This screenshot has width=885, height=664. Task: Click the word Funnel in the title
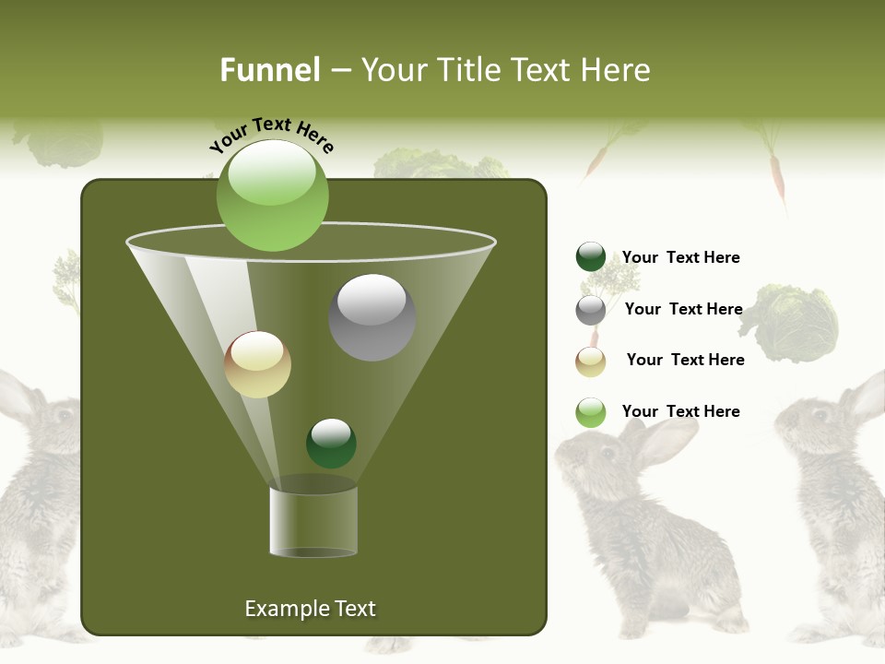click(269, 70)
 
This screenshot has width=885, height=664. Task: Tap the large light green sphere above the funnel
click(272, 195)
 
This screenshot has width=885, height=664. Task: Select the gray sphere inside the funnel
click(372, 316)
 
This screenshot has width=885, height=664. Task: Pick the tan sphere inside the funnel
click(257, 364)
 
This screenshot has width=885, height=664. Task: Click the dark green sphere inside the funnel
click(331, 443)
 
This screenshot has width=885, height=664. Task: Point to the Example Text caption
click(310, 609)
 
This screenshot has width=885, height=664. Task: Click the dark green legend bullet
click(591, 257)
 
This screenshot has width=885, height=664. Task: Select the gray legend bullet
click(591, 310)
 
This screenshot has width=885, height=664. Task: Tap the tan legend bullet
click(591, 362)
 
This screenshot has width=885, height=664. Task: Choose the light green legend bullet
click(591, 412)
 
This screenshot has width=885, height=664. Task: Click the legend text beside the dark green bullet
click(680, 257)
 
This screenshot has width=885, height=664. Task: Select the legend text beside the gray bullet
click(683, 309)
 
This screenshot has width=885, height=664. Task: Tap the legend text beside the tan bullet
click(685, 360)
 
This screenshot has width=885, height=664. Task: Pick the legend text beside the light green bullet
click(680, 411)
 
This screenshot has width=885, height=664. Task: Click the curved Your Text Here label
click(271, 136)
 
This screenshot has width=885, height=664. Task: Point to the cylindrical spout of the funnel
click(313, 521)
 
